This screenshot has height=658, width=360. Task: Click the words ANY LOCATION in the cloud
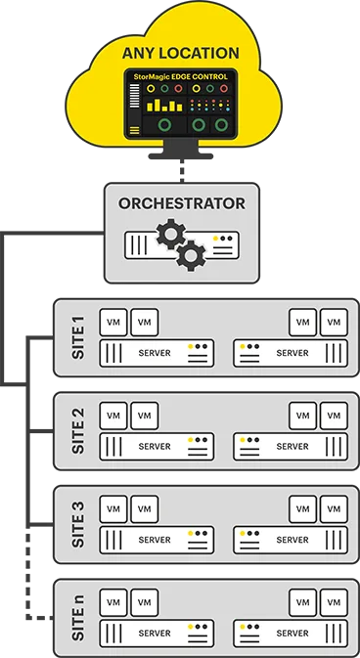click(180, 52)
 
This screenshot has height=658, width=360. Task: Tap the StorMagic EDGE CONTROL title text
click(180, 76)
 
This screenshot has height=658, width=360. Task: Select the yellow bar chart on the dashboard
click(164, 105)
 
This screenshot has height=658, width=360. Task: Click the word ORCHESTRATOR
click(181, 204)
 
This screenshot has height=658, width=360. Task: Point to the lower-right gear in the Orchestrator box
click(193, 256)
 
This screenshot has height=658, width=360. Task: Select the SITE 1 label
click(79, 337)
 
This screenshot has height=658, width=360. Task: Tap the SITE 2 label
click(79, 431)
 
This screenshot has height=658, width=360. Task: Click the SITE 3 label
click(79, 525)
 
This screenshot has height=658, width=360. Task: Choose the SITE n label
click(79, 618)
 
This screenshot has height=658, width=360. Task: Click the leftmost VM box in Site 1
click(113, 322)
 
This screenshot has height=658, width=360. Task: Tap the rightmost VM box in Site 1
click(335, 322)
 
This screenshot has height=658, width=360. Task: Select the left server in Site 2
click(157, 447)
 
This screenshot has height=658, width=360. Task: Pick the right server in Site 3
click(291, 540)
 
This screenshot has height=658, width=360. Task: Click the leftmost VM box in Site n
click(113, 602)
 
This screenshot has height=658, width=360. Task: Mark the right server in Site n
click(291, 634)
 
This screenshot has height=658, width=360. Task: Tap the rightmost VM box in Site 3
click(335, 509)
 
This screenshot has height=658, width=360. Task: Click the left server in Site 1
click(157, 353)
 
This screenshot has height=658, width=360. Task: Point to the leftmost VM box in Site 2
click(113, 416)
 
